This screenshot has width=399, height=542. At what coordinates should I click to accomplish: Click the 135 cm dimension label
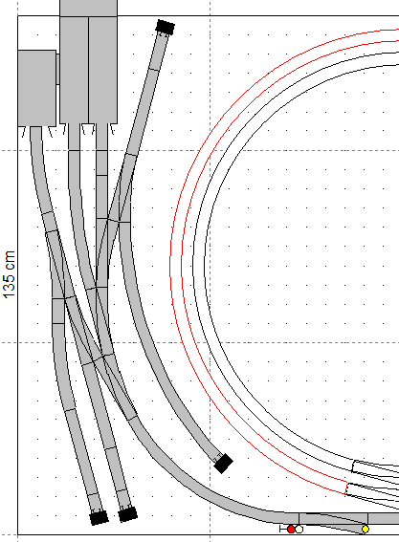point(10,274)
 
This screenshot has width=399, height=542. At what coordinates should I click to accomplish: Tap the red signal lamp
point(291,530)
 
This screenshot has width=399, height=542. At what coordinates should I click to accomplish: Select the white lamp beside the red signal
point(299,530)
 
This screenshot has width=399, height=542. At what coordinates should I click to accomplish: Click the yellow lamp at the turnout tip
point(366,530)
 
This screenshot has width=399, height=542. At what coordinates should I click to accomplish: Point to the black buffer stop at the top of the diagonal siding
point(166,27)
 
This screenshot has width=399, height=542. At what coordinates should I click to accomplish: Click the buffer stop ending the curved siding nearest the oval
point(224,464)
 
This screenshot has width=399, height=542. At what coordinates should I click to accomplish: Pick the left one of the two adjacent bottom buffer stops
point(99,517)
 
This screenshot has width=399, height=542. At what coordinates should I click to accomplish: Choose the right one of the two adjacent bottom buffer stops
point(127,514)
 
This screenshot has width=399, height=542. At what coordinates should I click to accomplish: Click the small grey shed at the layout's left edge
point(37,88)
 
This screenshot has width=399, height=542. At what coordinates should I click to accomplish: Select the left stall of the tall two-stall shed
point(74,70)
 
